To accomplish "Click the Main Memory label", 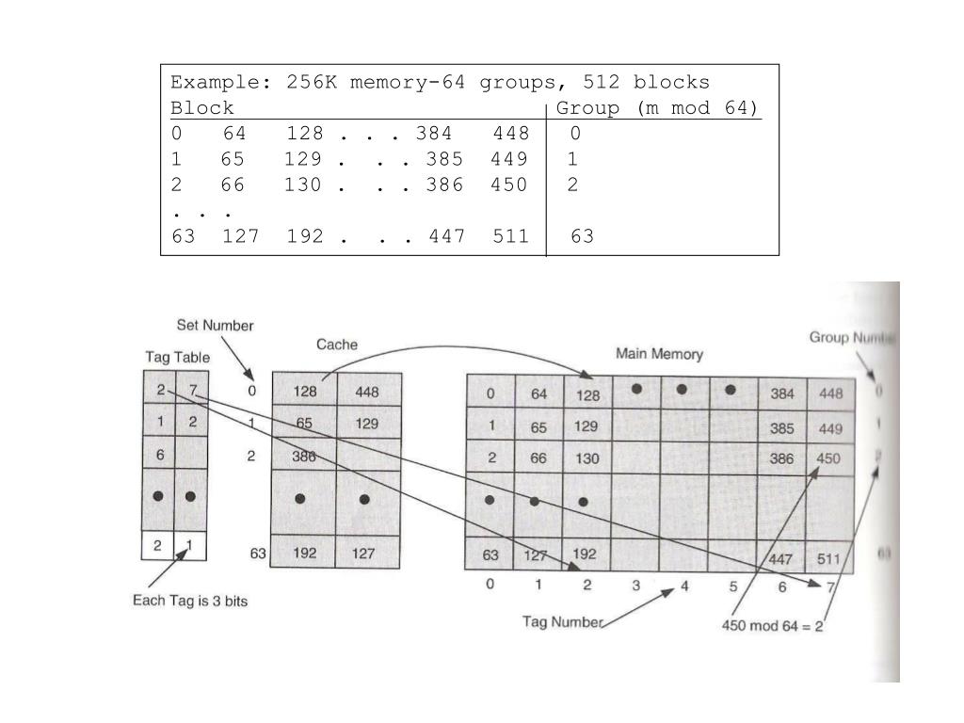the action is point(659,354).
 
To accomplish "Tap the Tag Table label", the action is point(177,358).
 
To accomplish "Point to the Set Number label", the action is point(215,326).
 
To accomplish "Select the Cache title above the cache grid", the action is point(336,345).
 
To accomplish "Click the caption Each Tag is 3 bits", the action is point(190,601).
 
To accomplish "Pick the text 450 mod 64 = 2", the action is point(772,625).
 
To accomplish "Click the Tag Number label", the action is point(562,621).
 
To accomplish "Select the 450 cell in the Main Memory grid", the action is point(828,458).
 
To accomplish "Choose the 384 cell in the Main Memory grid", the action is point(782,394).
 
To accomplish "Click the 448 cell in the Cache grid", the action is point(366,392).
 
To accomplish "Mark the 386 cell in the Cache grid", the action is point(304,457).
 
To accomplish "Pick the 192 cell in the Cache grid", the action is point(304,554).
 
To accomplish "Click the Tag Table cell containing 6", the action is point(160,454).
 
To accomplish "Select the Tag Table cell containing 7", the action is point(192,390).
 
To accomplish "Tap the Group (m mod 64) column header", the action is point(657,107).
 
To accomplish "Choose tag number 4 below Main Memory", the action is point(684,586).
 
